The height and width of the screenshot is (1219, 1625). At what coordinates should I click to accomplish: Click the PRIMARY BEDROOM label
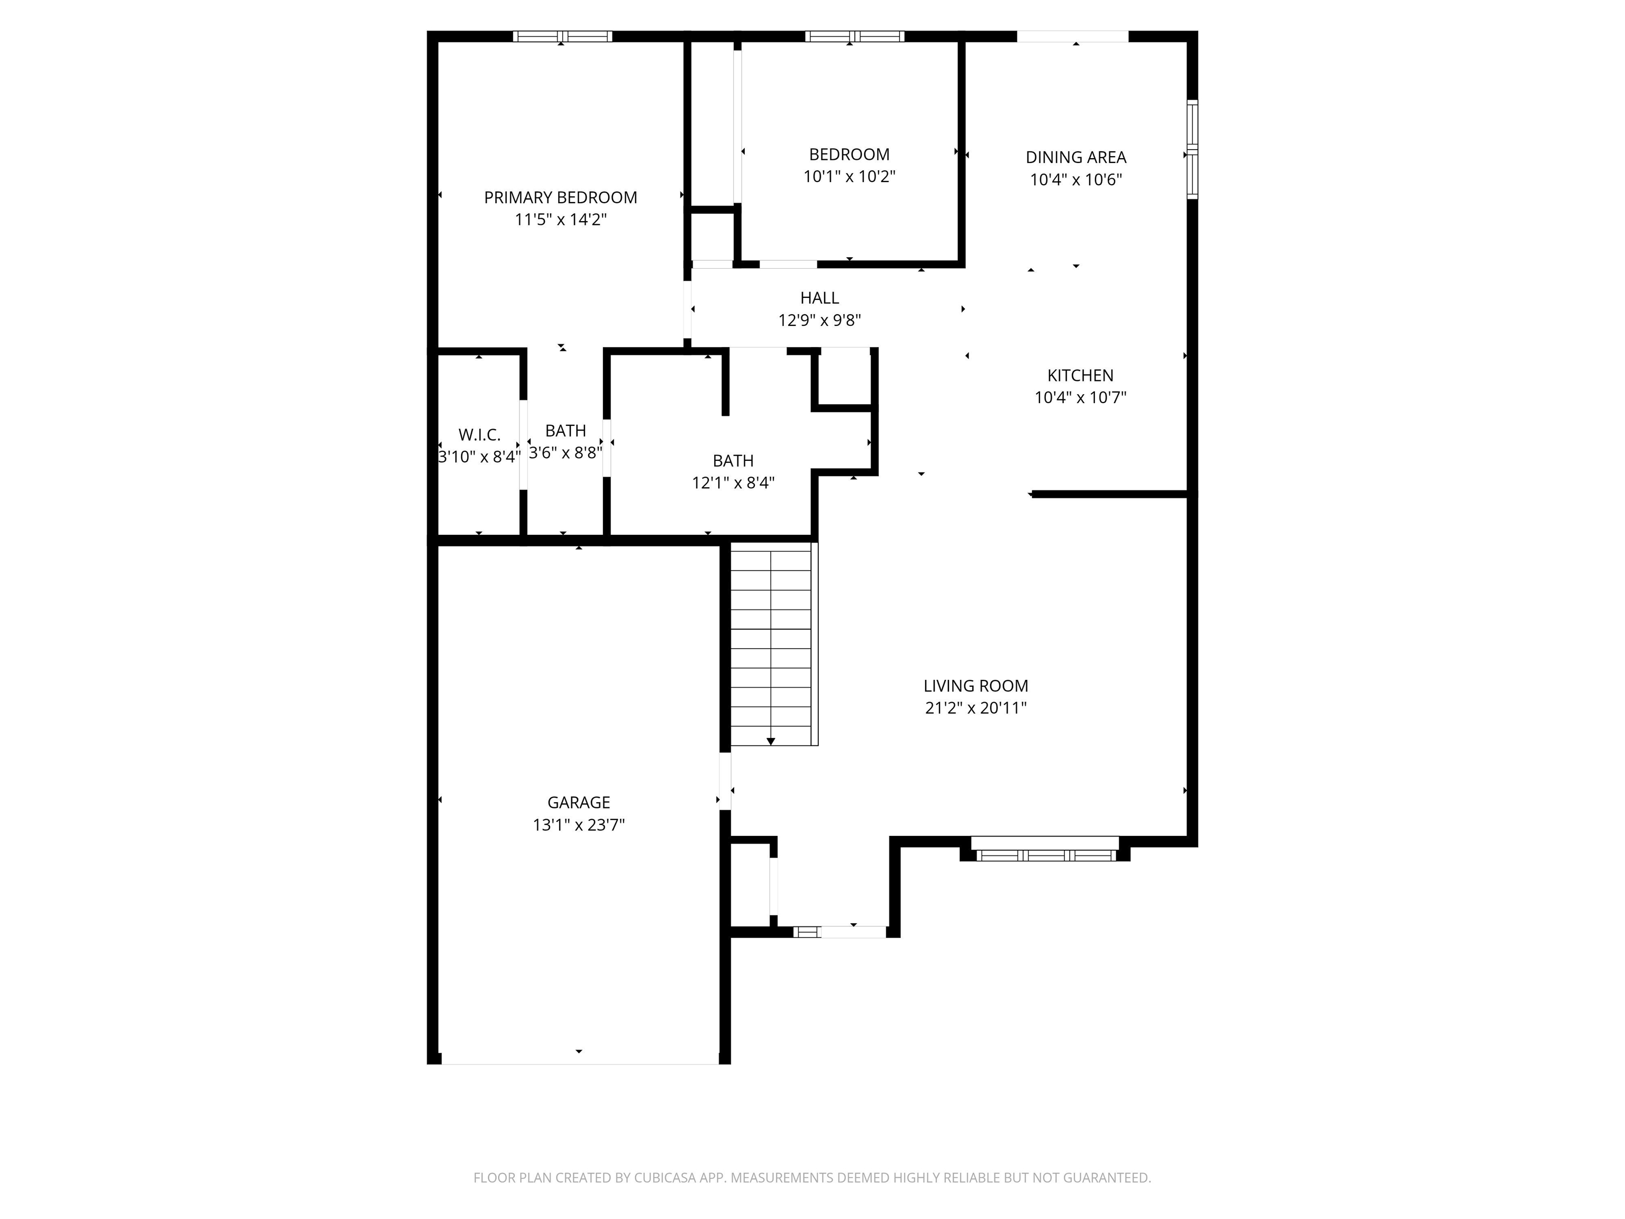coord(561,198)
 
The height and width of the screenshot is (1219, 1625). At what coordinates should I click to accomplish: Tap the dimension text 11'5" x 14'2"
coord(561,220)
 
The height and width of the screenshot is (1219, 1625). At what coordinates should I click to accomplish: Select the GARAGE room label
coord(579,803)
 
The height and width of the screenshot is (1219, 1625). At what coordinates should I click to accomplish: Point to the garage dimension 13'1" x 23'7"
coord(579,824)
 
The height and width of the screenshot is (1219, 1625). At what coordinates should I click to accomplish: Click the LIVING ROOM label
coord(975,686)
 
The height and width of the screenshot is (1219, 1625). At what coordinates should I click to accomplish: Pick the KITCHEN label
coord(1080,376)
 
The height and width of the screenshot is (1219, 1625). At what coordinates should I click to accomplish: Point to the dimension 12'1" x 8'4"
coord(733,483)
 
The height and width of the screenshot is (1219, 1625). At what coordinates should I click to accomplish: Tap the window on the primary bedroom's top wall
coord(562,36)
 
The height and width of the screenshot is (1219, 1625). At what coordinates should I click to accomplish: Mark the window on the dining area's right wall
coord(1192,149)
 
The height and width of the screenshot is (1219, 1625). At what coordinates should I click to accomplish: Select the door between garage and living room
coord(725,781)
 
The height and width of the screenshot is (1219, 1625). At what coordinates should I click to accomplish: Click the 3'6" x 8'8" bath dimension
coord(565,452)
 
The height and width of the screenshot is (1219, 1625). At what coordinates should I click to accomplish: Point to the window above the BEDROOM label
coord(854,36)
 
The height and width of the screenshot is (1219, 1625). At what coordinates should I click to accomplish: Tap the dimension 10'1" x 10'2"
coord(849,176)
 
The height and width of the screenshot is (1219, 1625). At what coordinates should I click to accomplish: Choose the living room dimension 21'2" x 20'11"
coord(975,707)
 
